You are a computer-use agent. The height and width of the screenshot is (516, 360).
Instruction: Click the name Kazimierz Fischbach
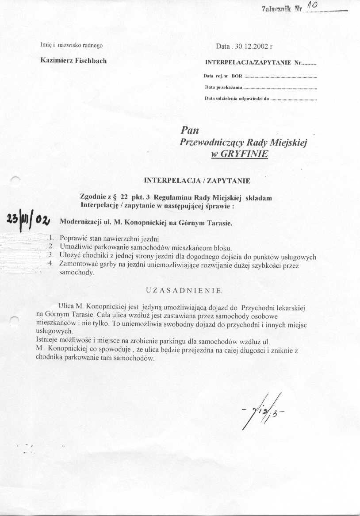pos(73,60)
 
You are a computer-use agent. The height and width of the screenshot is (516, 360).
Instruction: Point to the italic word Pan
pos(190,131)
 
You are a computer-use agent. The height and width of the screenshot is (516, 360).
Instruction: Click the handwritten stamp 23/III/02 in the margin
pos(28,219)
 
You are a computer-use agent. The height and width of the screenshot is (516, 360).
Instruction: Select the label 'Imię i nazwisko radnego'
pos(72,45)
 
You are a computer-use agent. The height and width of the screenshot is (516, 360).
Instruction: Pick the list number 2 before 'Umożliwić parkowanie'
pos(51,246)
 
